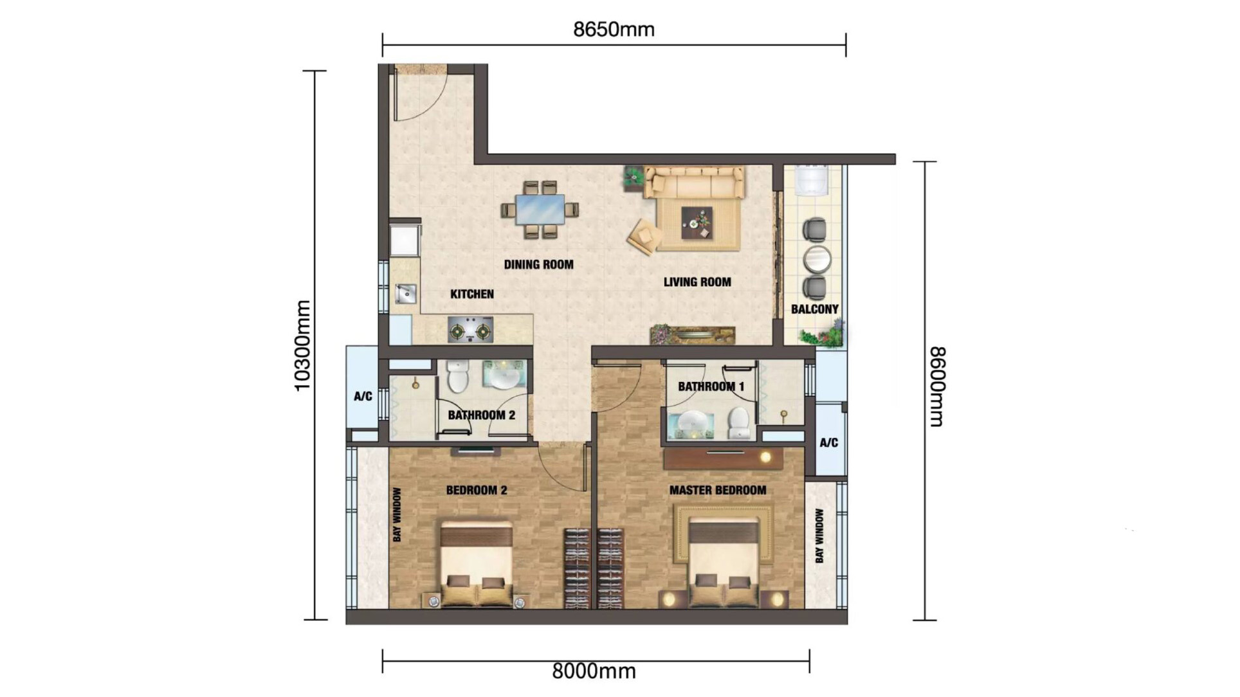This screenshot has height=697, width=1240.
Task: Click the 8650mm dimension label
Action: (614, 30)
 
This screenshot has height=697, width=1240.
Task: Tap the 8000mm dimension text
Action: (594, 671)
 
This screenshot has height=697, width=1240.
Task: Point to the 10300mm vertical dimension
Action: (302, 345)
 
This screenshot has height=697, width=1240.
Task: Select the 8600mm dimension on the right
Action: (937, 386)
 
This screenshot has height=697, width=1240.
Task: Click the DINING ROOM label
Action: (538, 264)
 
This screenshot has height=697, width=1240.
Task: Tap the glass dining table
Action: (540, 210)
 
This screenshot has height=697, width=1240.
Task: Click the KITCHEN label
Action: (472, 294)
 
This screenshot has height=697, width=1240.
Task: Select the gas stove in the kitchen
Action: (470, 330)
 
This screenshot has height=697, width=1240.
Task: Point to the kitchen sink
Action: (406, 294)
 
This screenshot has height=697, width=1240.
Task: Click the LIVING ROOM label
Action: (697, 282)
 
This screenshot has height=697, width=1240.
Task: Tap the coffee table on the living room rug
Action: (697, 222)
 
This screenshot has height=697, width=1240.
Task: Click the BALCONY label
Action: (814, 309)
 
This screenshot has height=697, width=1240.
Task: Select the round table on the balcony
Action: (817, 259)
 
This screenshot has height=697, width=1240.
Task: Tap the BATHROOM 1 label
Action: (711, 386)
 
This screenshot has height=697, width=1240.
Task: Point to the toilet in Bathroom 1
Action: (739, 423)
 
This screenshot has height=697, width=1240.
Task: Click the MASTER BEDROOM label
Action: (717, 490)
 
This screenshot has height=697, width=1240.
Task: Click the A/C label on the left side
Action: (363, 396)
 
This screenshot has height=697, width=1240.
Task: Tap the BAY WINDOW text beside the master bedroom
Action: (819, 536)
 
